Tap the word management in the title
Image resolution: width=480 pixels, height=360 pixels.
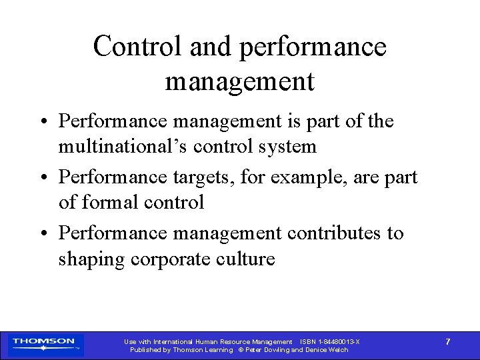click(239, 81)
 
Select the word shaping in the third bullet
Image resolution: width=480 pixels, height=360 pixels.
click(91, 259)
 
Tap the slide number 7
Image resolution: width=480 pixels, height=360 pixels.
click(447, 342)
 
